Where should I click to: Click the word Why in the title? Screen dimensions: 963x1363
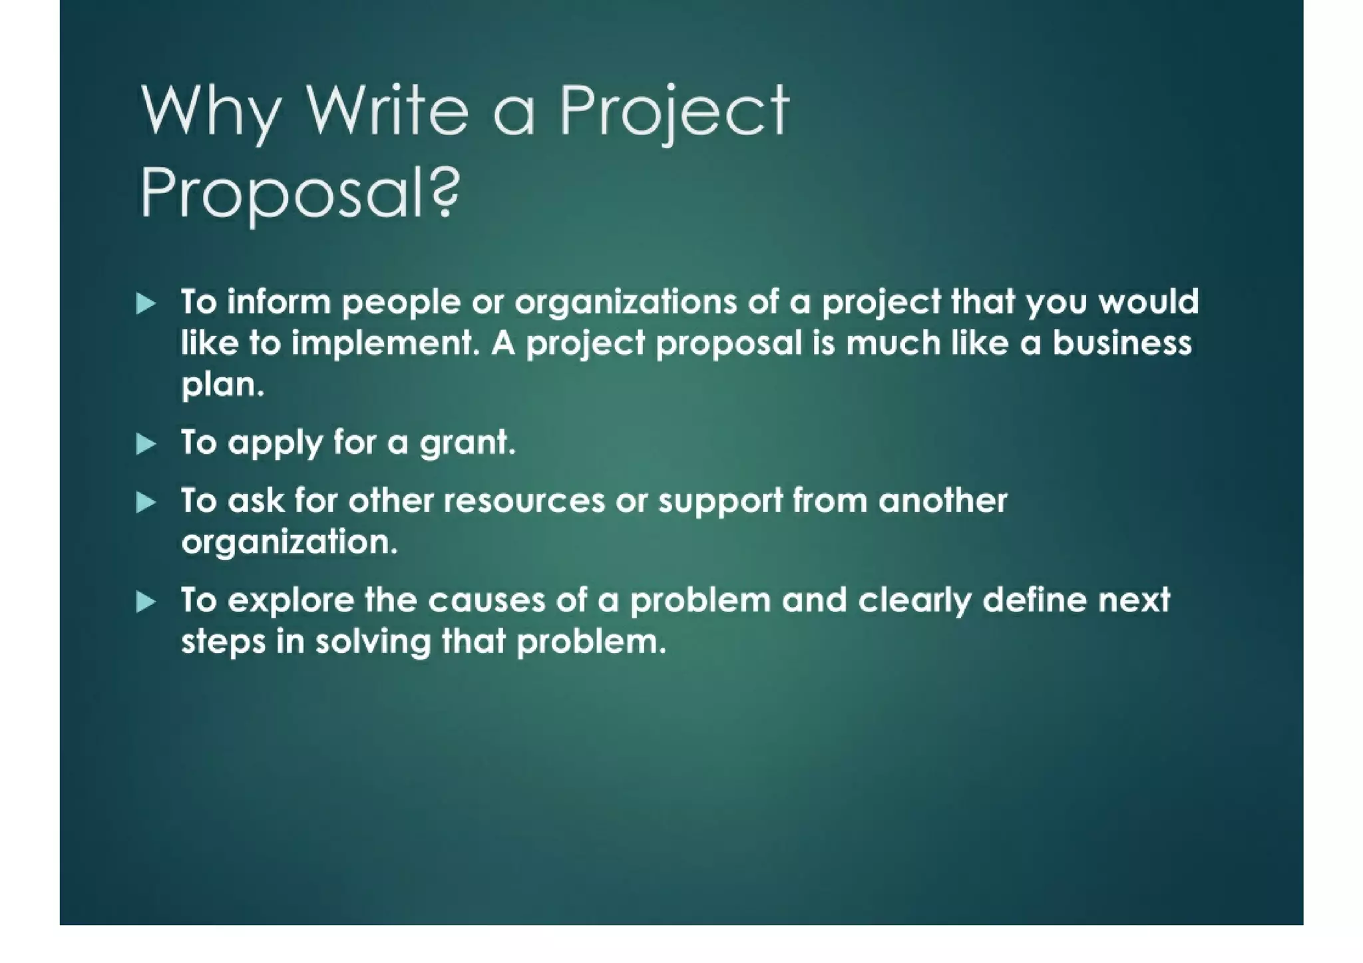pos(210,113)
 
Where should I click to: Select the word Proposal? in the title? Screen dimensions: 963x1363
pos(300,193)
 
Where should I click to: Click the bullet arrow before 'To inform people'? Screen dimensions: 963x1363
pos(146,303)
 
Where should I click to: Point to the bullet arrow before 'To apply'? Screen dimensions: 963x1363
pos(146,443)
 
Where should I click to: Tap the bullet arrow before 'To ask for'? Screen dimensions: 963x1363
pos(146,502)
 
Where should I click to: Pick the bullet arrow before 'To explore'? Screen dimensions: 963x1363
pos(146,602)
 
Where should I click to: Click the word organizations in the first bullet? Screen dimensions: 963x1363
pos(626,303)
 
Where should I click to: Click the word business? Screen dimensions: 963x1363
pos(1121,343)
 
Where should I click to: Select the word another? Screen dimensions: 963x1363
pos(942,501)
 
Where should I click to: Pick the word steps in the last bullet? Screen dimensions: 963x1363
pos(224,644)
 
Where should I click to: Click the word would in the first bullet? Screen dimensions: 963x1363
pos(1148,303)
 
